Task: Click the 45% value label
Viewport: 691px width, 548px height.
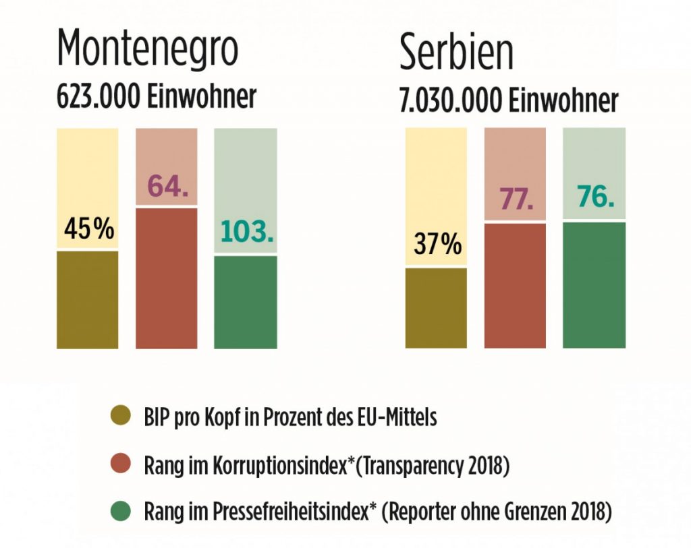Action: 88,229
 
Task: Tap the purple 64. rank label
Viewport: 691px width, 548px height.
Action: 167,186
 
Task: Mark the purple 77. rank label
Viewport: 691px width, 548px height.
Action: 516,200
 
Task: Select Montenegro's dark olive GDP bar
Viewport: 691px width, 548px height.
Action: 88,300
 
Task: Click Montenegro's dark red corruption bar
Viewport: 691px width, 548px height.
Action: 167,278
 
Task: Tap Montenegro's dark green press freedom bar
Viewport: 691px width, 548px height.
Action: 246,302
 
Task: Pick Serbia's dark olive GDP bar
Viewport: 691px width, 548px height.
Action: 436,308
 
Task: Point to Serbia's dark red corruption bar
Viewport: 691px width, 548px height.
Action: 515,286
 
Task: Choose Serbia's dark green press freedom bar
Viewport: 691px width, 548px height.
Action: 594,285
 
